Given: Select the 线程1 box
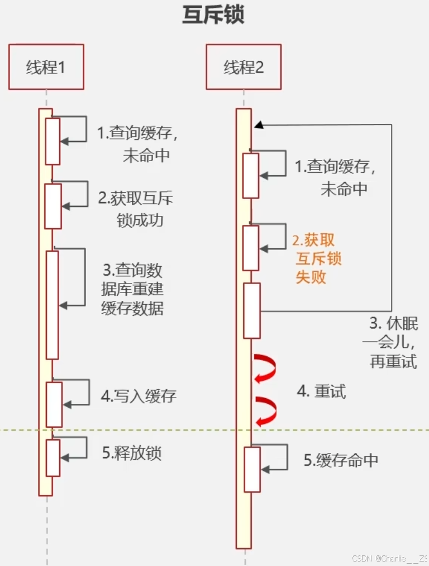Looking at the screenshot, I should (46, 67).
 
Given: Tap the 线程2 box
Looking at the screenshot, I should (244, 67).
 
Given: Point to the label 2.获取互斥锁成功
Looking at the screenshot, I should (137, 209).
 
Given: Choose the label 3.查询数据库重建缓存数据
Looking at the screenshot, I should (133, 289).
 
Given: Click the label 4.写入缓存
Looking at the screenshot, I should (139, 397).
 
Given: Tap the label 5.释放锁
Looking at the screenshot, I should (132, 452).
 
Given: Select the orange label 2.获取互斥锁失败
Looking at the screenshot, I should (315, 258).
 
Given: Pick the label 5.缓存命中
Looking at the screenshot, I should (341, 460).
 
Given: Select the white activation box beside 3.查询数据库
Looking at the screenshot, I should (53, 305).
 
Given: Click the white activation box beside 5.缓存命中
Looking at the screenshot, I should (252, 469).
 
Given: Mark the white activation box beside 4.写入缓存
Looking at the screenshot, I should (54, 404).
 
